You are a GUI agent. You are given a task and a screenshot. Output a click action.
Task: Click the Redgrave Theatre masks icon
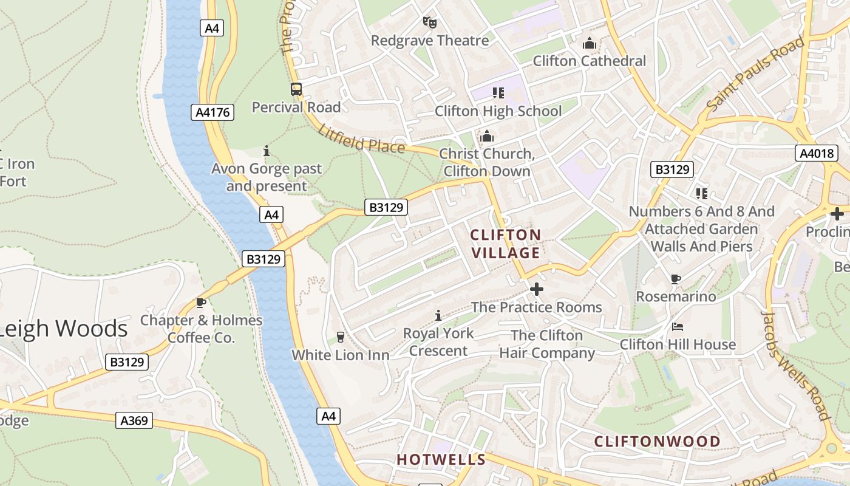click(x=430, y=23)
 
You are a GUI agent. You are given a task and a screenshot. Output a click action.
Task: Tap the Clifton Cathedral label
click(x=589, y=61)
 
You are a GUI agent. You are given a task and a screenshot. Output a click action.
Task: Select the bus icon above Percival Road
click(x=296, y=90)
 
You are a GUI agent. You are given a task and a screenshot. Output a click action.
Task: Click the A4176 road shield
click(x=212, y=112)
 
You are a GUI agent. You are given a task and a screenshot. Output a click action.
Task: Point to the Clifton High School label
click(x=498, y=111)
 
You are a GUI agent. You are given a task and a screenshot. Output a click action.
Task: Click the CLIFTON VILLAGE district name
click(x=505, y=244)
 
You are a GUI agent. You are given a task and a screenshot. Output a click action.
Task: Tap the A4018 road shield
click(x=816, y=153)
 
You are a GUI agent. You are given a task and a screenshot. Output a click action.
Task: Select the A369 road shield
click(x=134, y=420)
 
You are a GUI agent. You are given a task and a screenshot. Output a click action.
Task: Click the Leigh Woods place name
click(x=64, y=329)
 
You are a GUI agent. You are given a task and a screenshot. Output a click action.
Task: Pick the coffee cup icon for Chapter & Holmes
click(x=201, y=303)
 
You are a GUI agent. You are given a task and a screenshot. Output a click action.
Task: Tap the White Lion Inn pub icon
click(x=340, y=337)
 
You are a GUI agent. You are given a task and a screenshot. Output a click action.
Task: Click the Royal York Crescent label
click(x=438, y=342)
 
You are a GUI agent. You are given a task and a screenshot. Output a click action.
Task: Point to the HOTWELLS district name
click(x=441, y=460)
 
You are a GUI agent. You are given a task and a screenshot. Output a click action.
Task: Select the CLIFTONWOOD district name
click(x=657, y=442)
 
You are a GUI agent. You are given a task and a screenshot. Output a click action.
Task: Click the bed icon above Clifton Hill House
click(x=678, y=327)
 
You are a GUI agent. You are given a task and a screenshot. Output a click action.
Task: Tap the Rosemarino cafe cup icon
click(x=675, y=279)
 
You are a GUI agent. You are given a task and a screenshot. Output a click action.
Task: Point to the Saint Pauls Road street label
click(x=755, y=74)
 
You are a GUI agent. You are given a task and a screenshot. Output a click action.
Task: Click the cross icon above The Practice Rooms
click(x=537, y=289)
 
